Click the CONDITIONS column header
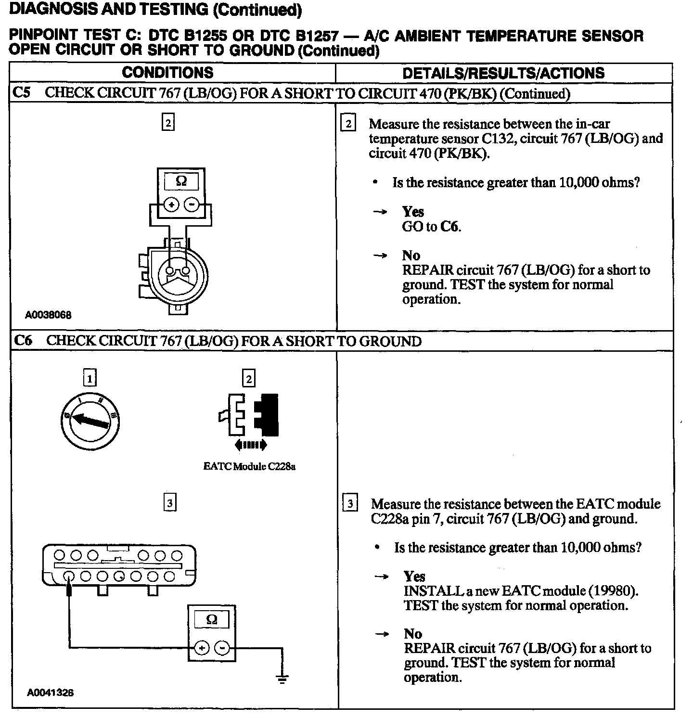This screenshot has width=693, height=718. [x=167, y=73]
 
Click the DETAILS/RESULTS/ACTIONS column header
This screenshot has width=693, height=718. [x=503, y=73]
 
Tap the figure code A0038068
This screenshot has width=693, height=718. [x=49, y=315]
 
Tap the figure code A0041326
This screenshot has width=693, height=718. [x=50, y=692]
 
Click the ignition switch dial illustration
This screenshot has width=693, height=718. [x=90, y=422]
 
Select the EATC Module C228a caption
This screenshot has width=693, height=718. [x=249, y=466]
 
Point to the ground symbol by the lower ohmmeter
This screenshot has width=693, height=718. [x=282, y=679]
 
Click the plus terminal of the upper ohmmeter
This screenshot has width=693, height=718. [x=172, y=205]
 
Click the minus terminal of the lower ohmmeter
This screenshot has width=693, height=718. [x=222, y=648]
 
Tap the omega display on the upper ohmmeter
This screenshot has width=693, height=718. [x=181, y=181]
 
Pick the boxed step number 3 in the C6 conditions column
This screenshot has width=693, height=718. [x=169, y=503]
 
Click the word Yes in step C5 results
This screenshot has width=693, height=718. [x=413, y=212]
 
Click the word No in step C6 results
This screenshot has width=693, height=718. [x=413, y=634]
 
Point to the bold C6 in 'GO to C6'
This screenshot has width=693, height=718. [x=450, y=227]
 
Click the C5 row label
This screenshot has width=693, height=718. [x=22, y=92]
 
